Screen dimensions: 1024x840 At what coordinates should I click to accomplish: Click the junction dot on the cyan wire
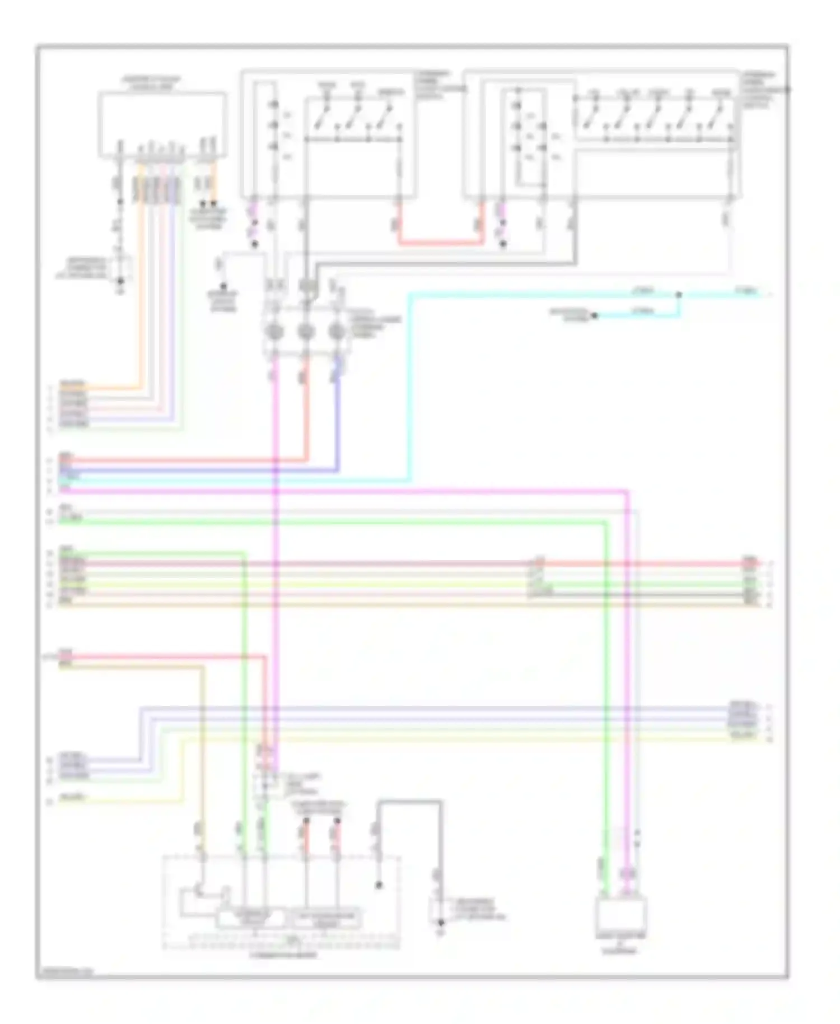(679, 294)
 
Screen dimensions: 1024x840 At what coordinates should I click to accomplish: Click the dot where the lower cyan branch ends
(594, 315)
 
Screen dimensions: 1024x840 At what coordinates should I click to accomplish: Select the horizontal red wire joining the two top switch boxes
(440, 243)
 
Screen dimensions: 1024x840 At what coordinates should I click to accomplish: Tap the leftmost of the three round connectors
(275, 332)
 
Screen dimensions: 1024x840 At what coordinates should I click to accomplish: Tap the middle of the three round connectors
(305, 332)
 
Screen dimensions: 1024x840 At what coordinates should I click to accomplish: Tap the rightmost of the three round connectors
(336, 332)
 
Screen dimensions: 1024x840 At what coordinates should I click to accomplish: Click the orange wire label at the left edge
(73, 385)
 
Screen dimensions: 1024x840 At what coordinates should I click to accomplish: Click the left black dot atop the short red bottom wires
(306, 821)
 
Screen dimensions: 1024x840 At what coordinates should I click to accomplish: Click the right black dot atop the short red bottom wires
(337, 821)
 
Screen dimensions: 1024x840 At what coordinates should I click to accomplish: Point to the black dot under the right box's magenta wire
(503, 244)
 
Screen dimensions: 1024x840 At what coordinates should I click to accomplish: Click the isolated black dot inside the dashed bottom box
(379, 886)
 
